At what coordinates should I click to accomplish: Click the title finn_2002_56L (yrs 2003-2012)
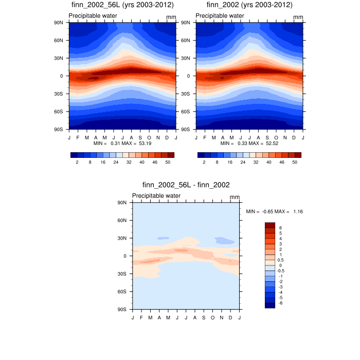click(122, 5)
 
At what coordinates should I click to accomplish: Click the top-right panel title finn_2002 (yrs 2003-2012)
click(249, 5)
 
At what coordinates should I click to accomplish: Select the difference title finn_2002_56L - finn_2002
click(186, 185)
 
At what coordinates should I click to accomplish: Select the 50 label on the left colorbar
click(168, 162)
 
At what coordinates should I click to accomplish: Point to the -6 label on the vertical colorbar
click(280, 303)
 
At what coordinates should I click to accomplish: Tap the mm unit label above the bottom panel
click(235, 197)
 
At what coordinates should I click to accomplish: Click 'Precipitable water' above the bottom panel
click(156, 196)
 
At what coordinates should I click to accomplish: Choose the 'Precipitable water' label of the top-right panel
click(220, 16)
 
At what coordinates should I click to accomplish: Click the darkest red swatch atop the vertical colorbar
click(270, 225)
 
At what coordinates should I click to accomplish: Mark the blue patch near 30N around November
click(225, 240)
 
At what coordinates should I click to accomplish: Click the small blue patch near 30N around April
click(163, 238)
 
